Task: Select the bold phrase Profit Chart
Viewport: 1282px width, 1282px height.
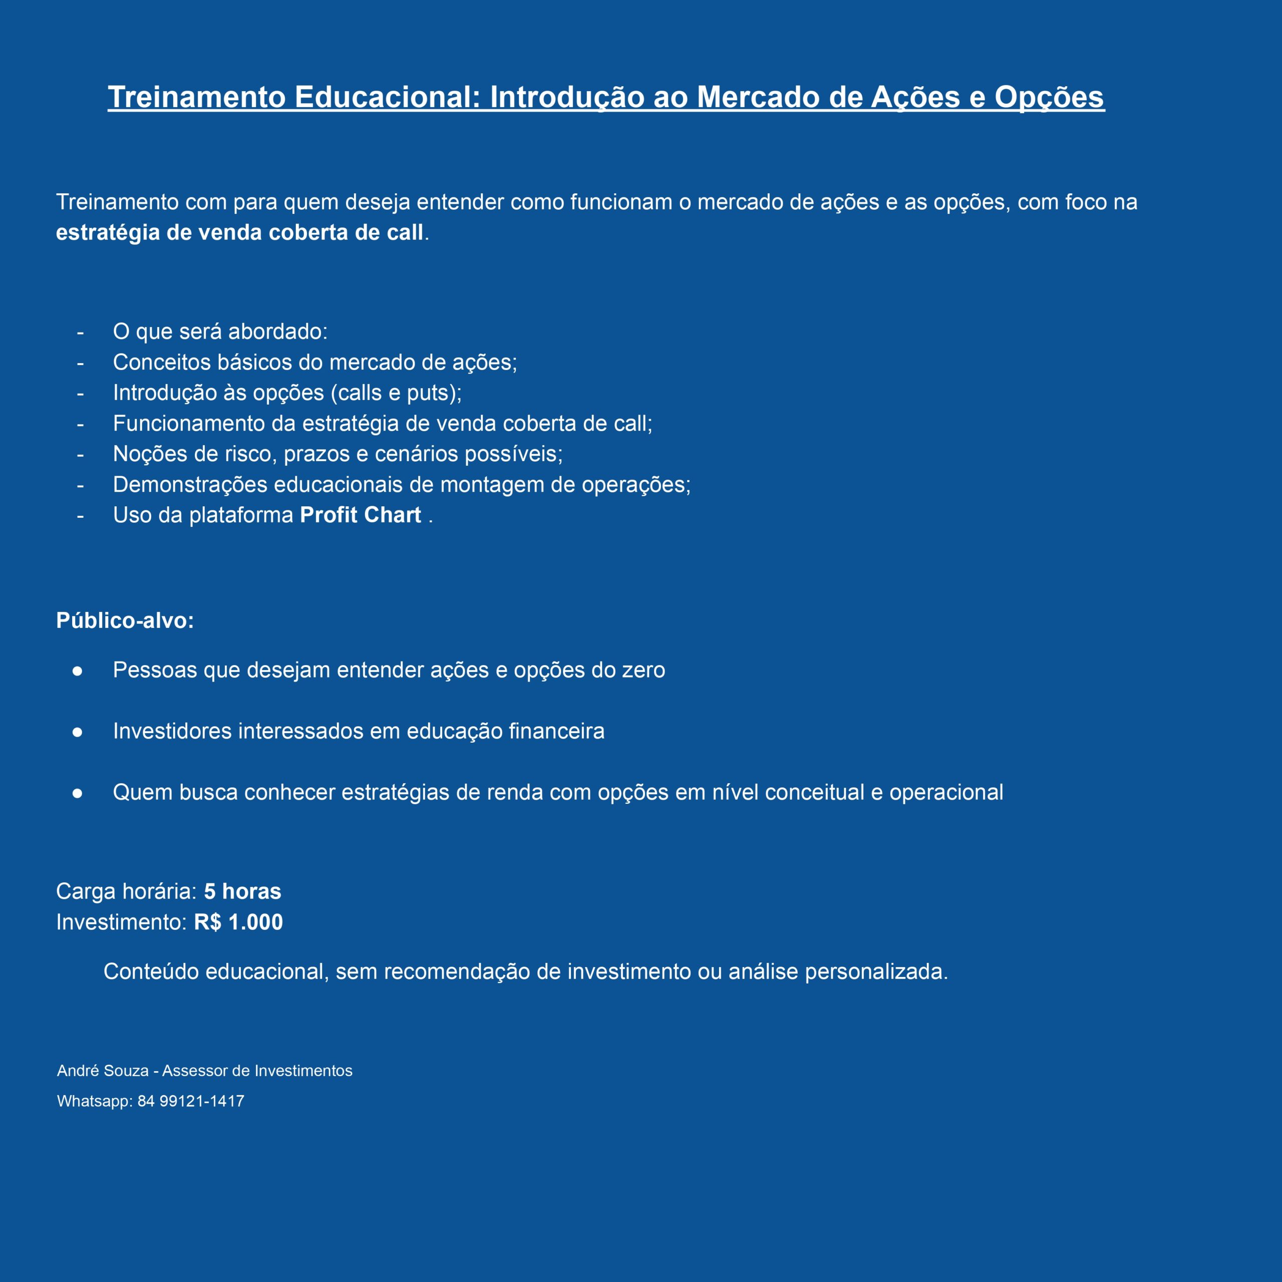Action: point(361,515)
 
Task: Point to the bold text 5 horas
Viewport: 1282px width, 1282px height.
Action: point(242,891)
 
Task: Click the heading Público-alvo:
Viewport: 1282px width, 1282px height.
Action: point(125,620)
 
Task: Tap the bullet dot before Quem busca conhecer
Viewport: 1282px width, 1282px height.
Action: point(78,793)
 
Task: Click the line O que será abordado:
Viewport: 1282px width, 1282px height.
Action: point(220,331)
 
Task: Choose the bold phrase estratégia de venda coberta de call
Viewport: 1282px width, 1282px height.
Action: point(239,232)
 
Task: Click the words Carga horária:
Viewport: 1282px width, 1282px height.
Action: point(126,891)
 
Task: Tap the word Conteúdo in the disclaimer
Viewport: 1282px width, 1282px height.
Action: point(151,972)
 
